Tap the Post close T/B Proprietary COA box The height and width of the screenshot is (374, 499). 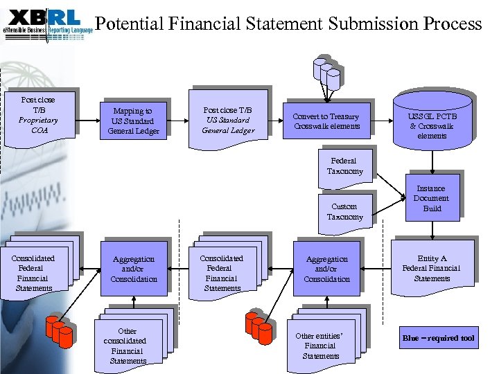(38, 115)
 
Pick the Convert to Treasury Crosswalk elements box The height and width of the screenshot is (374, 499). (326, 121)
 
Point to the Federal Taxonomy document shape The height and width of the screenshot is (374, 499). (345, 167)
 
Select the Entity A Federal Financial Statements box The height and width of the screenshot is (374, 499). (432, 268)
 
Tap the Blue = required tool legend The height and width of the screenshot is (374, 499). (439, 338)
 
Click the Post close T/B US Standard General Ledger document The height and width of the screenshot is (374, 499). (228, 120)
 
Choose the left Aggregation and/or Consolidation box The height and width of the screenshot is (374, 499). (134, 269)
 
